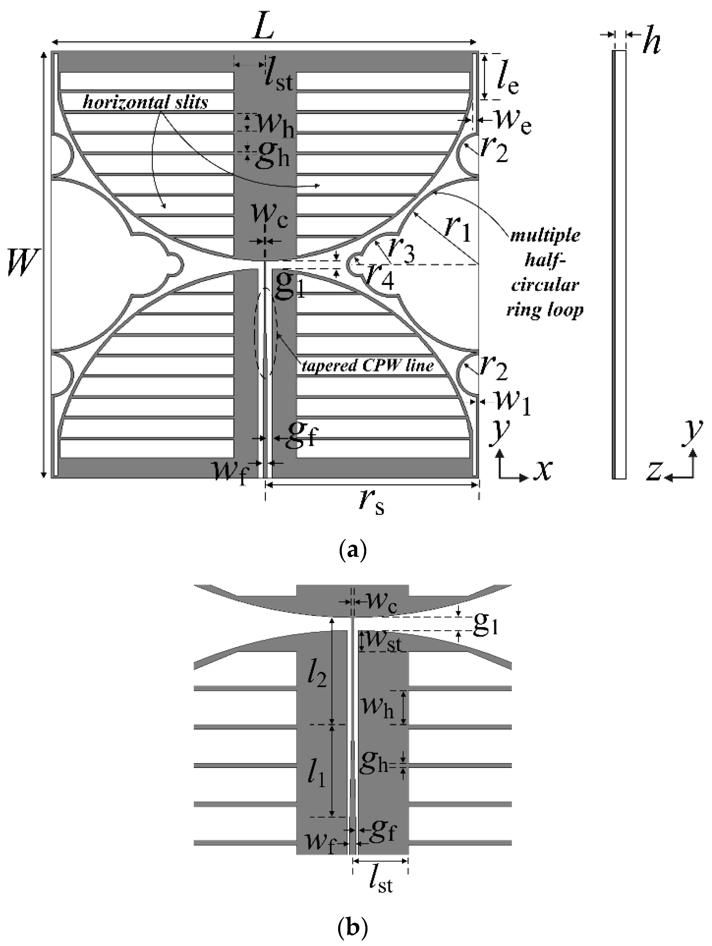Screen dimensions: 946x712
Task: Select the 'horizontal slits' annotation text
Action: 146,103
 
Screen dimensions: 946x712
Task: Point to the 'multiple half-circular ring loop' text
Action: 545,272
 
